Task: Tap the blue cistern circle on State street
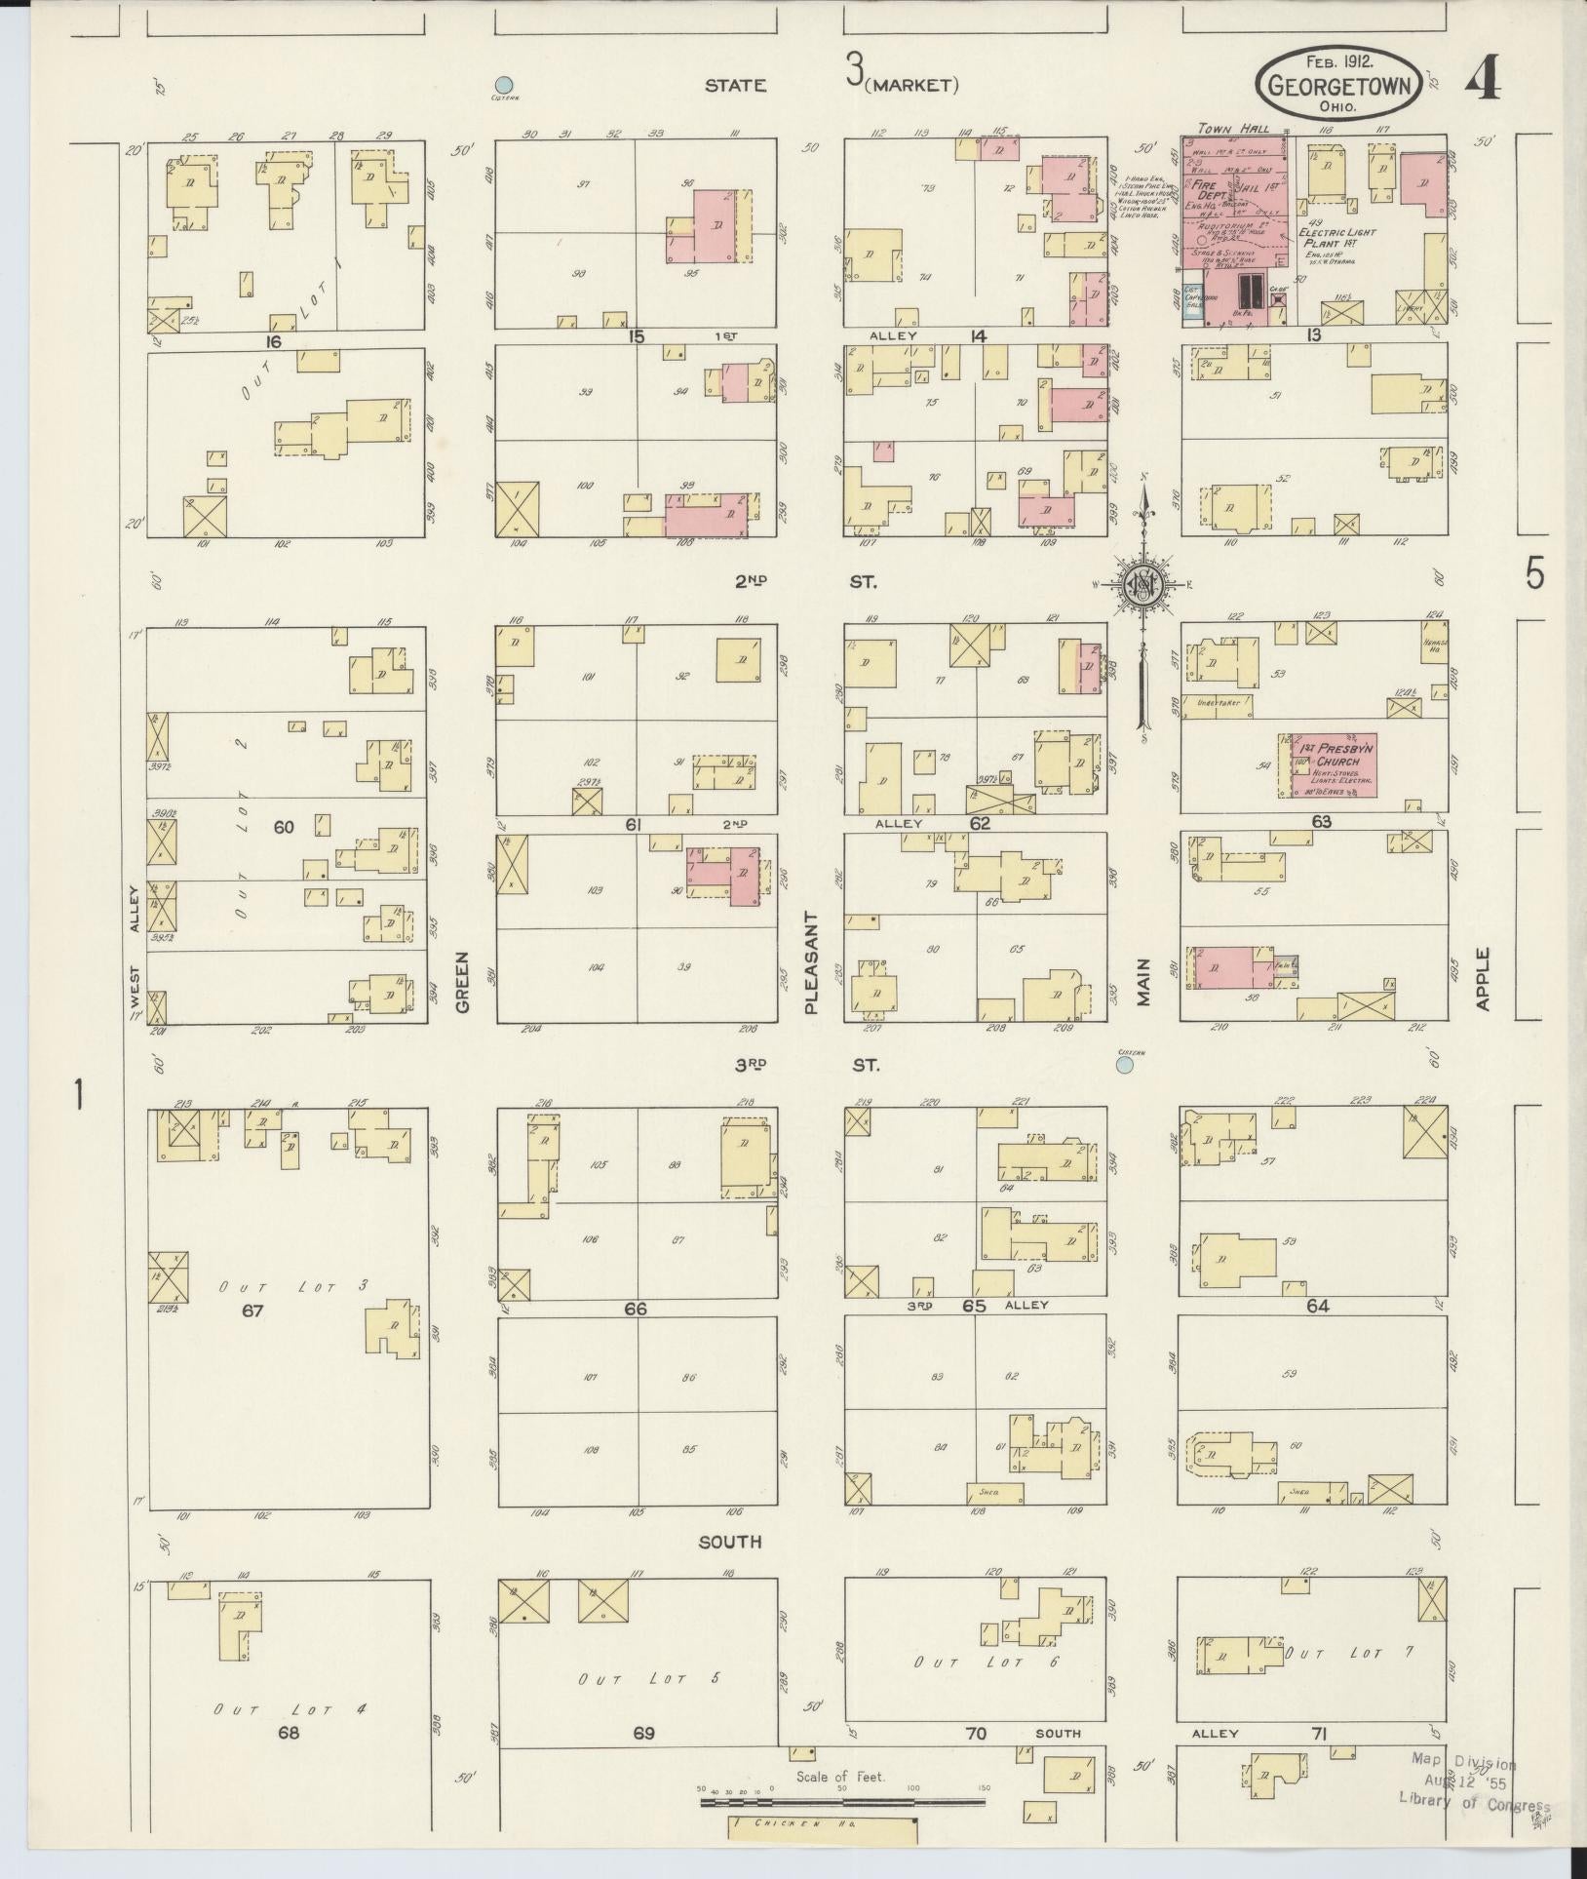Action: coord(504,85)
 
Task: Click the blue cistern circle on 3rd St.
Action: coord(1124,1066)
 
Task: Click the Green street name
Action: coord(461,982)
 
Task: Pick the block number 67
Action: coord(252,1311)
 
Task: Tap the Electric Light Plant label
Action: coord(1339,238)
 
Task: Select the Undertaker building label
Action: coord(1216,700)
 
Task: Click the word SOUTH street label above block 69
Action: coord(730,1542)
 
